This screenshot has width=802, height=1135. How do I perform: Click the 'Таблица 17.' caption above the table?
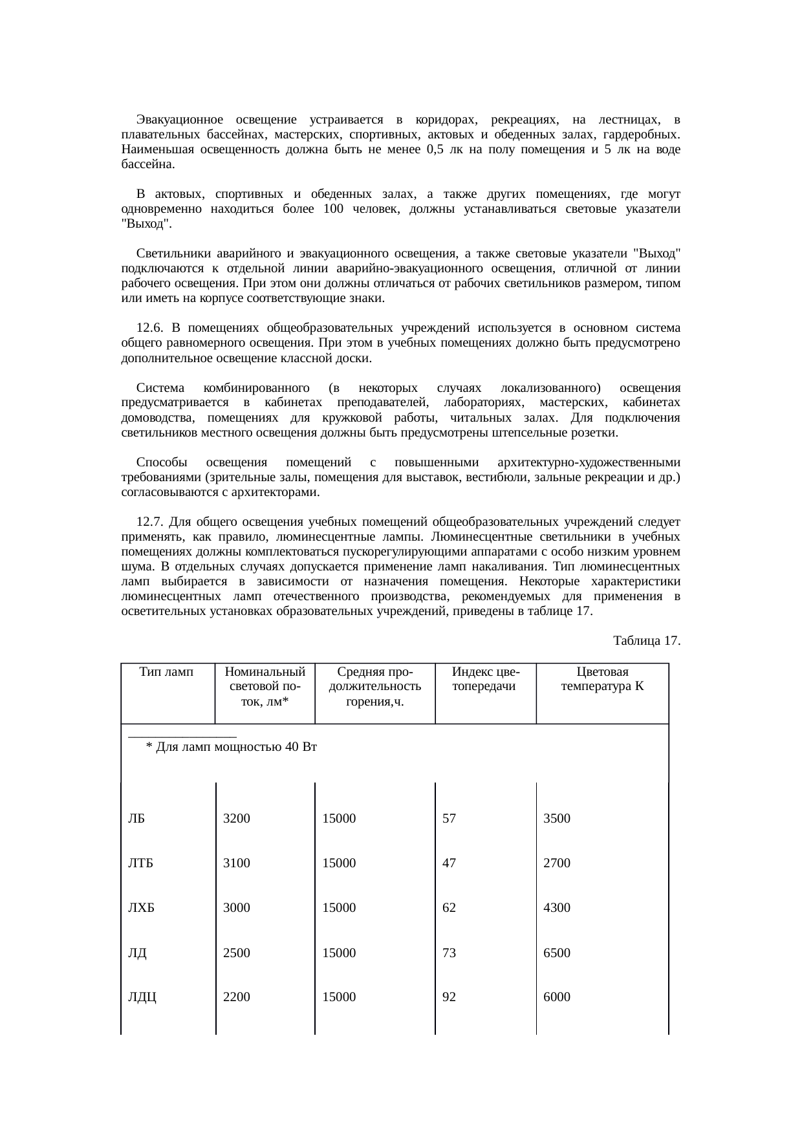(x=646, y=640)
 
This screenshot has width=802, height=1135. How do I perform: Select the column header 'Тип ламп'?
(x=167, y=672)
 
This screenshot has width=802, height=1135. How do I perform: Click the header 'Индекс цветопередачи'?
(x=485, y=679)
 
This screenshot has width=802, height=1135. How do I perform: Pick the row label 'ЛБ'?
(x=136, y=818)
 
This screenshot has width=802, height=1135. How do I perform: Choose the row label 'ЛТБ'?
(x=140, y=863)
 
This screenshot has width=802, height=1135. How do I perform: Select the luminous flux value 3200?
(x=236, y=818)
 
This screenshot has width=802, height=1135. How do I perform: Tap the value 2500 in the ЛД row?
(x=236, y=953)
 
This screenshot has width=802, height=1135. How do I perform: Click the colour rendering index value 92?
(x=449, y=997)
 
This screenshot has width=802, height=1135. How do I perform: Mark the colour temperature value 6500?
(x=556, y=953)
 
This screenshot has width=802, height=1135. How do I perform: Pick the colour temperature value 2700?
(x=556, y=863)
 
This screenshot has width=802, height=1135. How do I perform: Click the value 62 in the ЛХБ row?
(x=449, y=907)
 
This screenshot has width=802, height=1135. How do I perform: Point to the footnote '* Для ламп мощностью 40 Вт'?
(x=231, y=748)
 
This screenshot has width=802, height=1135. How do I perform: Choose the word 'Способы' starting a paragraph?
(x=162, y=462)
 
